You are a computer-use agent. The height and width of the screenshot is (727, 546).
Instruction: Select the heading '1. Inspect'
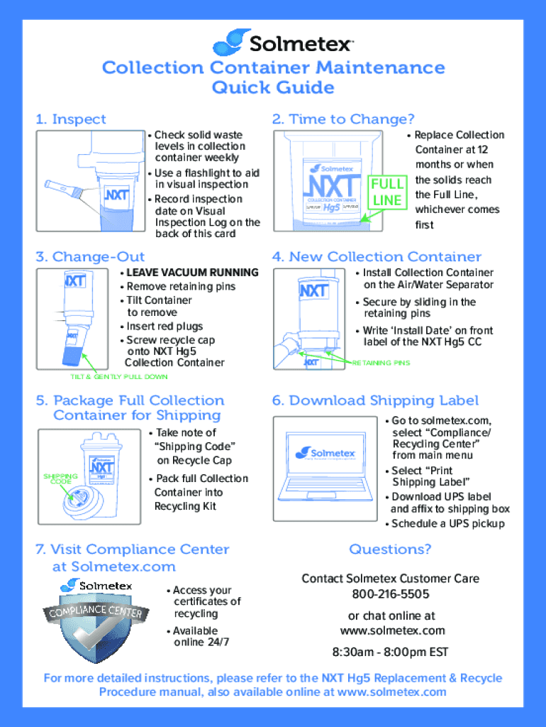click(x=71, y=119)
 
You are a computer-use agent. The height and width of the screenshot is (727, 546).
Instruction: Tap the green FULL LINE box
click(x=387, y=192)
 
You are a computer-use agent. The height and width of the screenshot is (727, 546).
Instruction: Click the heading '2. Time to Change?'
click(x=343, y=119)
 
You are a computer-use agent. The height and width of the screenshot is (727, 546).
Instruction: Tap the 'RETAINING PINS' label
click(x=381, y=363)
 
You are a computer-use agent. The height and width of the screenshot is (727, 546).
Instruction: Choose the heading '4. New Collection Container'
click(x=377, y=257)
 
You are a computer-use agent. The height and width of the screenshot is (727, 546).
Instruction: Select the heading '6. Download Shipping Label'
click(x=375, y=400)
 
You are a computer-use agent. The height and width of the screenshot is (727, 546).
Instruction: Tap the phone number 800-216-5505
click(x=390, y=594)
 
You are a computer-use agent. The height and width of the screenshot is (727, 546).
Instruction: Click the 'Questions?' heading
click(x=390, y=550)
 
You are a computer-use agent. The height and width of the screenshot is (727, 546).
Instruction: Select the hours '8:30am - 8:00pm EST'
click(x=390, y=652)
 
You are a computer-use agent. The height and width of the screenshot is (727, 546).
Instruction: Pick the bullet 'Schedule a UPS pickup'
click(x=447, y=524)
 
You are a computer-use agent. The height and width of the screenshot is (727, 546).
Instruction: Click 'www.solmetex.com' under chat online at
click(x=392, y=630)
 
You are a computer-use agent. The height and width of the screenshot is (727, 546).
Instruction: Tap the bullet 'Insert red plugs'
click(x=164, y=327)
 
